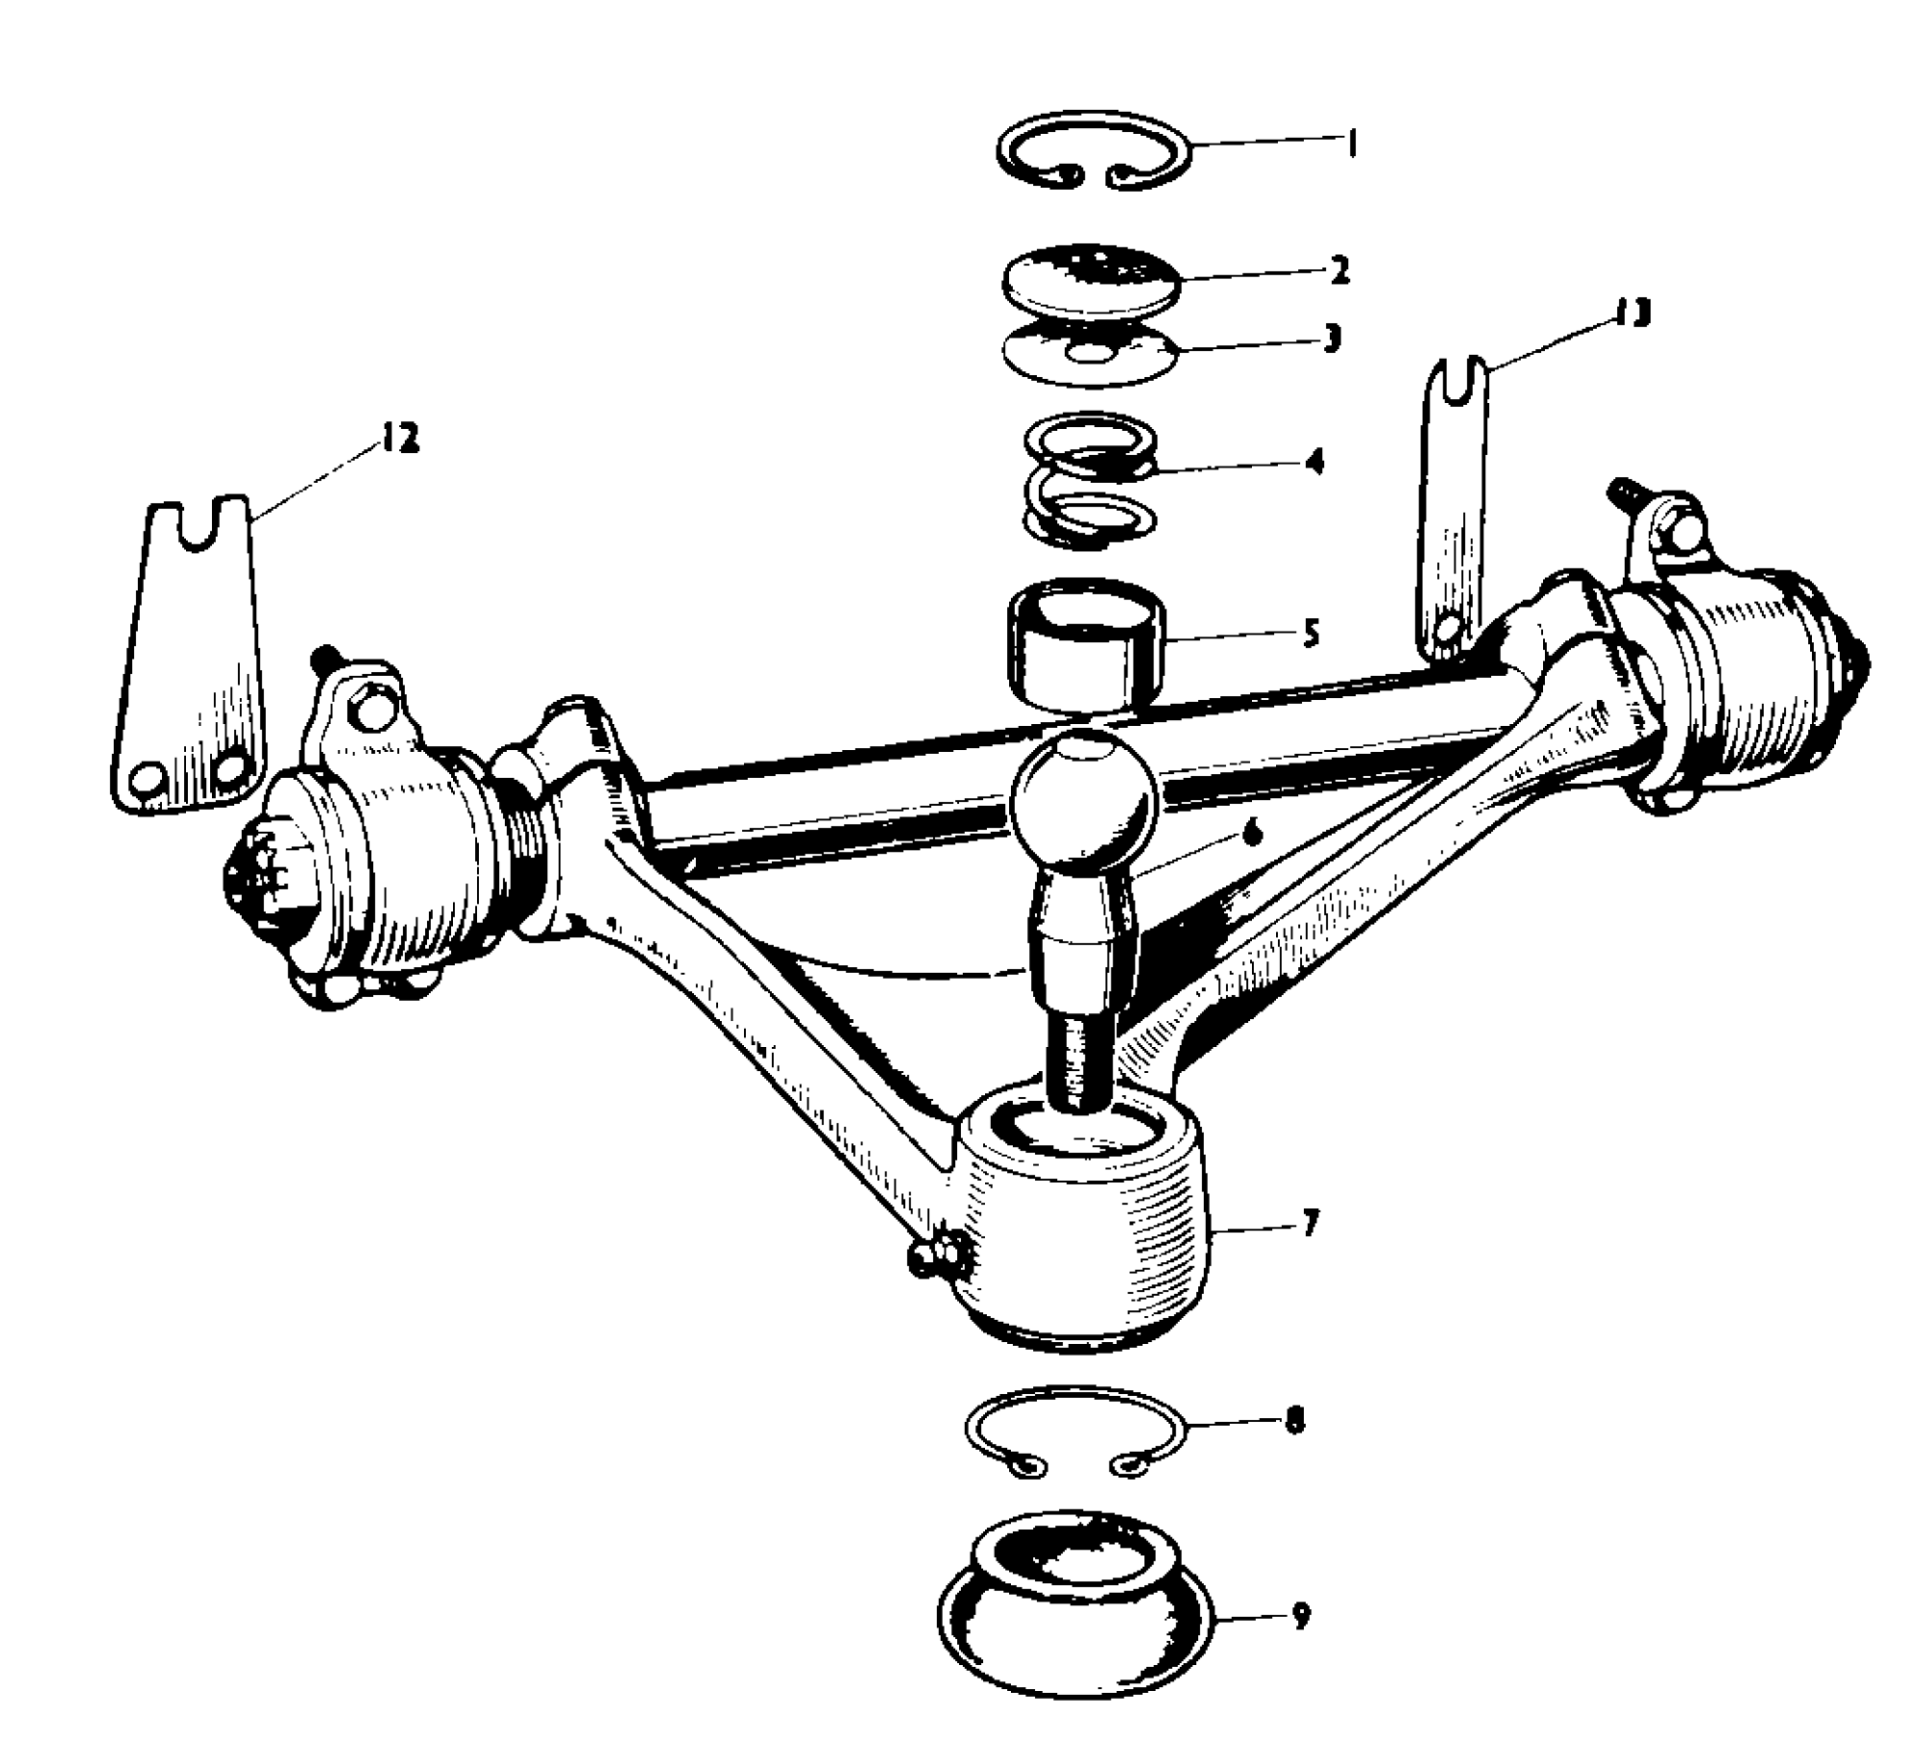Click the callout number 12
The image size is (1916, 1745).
(401, 439)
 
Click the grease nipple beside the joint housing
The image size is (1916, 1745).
(927, 1253)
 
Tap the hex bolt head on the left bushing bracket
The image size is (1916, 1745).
(369, 710)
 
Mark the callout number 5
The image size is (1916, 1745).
(1310, 633)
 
